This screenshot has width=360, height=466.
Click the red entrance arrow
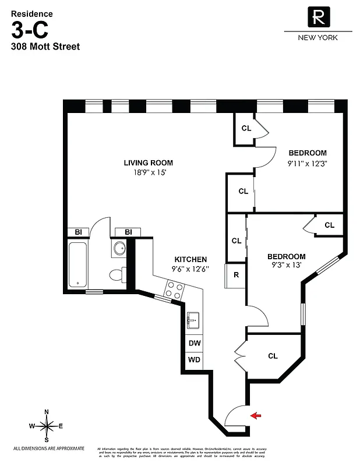(x=255, y=415)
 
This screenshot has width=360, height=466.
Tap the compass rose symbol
(x=47, y=426)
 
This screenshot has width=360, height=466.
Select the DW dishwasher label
(x=194, y=343)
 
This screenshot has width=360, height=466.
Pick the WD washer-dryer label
(x=194, y=359)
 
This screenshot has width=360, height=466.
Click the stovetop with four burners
(x=174, y=290)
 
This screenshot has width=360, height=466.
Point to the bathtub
(x=77, y=265)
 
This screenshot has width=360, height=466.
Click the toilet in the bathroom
(x=118, y=274)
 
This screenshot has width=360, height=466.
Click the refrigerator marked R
(x=237, y=275)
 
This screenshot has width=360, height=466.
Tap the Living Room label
(x=148, y=163)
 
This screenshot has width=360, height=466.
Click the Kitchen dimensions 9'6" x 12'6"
(x=190, y=269)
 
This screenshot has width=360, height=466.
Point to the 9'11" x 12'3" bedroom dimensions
(x=307, y=164)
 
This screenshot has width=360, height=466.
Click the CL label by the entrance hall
(x=273, y=356)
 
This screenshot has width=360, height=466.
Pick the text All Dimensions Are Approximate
(x=49, y=448)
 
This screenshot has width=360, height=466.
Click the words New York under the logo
(x=317, y=37)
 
